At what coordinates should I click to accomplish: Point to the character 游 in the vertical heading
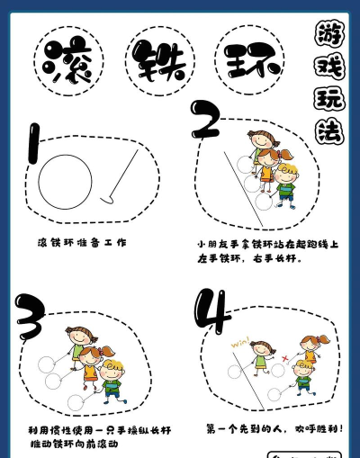pyautogui.click(x=328, y=36)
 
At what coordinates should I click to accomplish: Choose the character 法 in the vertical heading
pyautogui.click(x=328, y=131)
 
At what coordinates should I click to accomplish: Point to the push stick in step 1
pyautogui.click(x=122, y=175)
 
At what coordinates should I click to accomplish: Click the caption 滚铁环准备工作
pyautogui.click(x=82, y=242)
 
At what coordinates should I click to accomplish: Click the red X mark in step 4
pyautogui.click(x=284, y=357)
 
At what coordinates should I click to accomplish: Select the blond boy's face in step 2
pyautogui.click(x=286, y=175)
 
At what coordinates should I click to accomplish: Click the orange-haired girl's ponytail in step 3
pyautogui.click(x=107, y=349)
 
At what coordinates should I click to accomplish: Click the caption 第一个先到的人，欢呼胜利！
pyautogui.click(x=274, y=428)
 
